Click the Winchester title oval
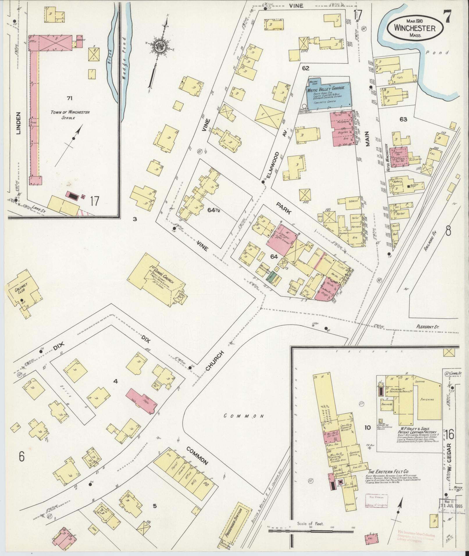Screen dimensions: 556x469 415,28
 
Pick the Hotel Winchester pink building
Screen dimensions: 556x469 399,157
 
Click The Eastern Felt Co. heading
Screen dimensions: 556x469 386,471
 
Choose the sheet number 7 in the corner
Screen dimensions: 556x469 447,16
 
